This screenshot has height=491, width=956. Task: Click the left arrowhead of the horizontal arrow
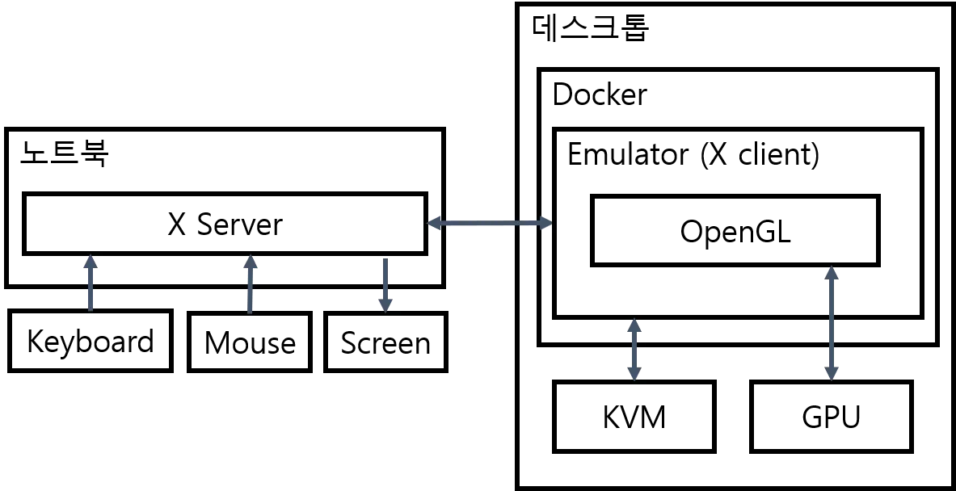point(435,223)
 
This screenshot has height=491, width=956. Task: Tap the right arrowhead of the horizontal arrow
point(545,223)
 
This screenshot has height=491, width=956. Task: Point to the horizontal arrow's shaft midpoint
point(491,223)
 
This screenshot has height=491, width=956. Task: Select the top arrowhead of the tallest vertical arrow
point(831,275)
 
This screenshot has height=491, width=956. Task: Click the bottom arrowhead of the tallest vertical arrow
point(831,371)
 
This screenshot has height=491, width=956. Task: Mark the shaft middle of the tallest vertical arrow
point(831,323)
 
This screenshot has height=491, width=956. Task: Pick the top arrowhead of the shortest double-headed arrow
point(635,328)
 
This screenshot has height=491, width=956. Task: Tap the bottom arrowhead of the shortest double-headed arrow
point(635,371)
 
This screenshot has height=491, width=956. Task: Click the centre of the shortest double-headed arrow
point(635,350)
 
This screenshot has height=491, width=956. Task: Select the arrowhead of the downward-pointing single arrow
point(385,304)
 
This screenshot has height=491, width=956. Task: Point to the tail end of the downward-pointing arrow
point(385,260)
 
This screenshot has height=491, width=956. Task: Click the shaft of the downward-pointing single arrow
point(385,280)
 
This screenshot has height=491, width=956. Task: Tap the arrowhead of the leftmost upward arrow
point(91,262)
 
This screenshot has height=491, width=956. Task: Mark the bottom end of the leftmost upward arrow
point(91,308)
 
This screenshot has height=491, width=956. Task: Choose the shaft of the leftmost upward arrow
point(91,287)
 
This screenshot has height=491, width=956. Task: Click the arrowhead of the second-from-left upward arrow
point(250,262)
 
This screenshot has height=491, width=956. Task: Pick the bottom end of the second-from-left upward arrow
point(250,311)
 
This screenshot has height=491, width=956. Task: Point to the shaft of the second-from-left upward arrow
point(250,287)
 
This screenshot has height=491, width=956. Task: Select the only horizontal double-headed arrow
point(491,223)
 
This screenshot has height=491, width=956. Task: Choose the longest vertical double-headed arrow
point(831,323)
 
